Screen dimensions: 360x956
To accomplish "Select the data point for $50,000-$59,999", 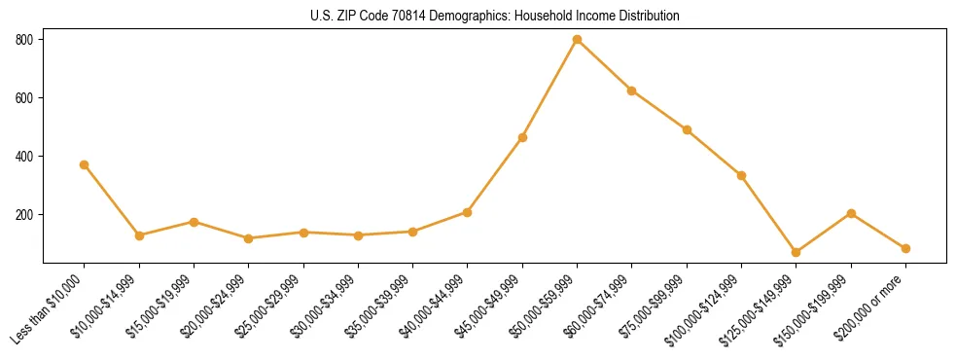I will point(577,40).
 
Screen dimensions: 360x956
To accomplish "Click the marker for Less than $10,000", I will point(85,164).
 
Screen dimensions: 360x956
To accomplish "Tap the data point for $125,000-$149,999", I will point(796,252).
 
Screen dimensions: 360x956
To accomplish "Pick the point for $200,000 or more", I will point(905,248).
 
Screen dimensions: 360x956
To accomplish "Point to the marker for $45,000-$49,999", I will point(522,137).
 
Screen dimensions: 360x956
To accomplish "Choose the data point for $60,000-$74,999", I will point(632,90).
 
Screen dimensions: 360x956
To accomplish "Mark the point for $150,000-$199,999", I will point(851,213).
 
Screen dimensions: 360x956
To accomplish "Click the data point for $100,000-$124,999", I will point(741,175).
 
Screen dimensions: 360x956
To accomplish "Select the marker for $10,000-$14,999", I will point(139,235).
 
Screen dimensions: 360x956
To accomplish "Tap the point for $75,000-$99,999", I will point(687,129).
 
